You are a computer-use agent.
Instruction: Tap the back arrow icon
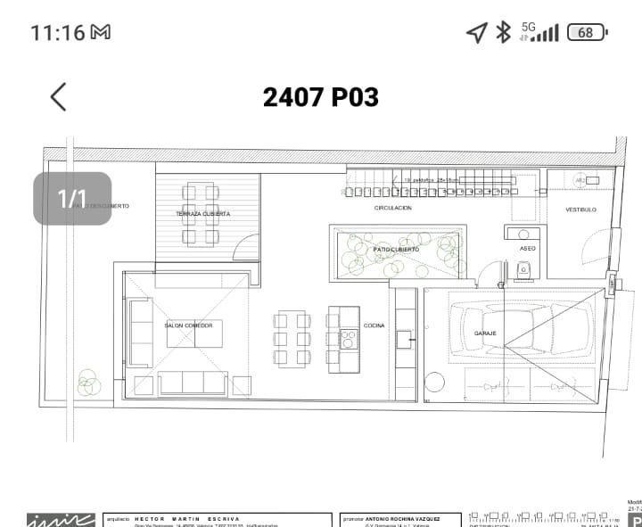pos(59,96)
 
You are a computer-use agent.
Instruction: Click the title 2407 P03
pos(320,97)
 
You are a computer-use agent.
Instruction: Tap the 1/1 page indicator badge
pos(72,198)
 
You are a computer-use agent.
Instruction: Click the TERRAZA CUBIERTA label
pos(202,215)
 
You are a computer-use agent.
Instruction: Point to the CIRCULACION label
pos(392,208)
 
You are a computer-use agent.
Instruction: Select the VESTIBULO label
pos(580,210)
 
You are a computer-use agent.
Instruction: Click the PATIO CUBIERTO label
pos(397,250)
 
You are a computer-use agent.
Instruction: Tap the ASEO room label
pos(528,249)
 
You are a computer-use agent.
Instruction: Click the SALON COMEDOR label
pos(188,325)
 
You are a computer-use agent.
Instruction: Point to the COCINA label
pos(374,325)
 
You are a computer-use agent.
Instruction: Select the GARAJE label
pos(485,333)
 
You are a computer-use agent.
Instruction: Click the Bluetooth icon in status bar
pos(503,32)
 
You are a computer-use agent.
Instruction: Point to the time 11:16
pos(57,33)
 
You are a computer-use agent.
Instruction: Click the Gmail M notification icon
pos(101,33)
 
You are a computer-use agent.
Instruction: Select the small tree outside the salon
pos(88,383)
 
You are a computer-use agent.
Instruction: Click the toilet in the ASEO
pos(526,268)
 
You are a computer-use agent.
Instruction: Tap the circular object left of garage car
pos(434,383)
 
